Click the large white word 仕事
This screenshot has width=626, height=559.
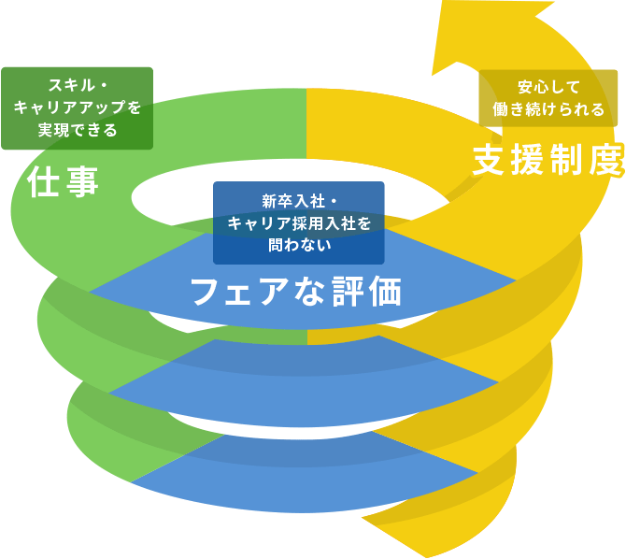tap(64, 181)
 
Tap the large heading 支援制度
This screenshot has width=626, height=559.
tap(548, 160)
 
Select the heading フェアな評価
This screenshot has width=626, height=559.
tap(296, 292)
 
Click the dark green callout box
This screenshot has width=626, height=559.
tap(77, 108)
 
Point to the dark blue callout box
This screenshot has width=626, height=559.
tap(298, 222)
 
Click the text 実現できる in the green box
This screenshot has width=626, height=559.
tap(78, 130)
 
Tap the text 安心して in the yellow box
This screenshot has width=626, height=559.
tap(548, 87)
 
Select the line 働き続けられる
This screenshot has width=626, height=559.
tap(548, 109)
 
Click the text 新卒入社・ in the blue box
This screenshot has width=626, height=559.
tap(298, 201)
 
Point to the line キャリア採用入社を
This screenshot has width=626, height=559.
tap(298, 223)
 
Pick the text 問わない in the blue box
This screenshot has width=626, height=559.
tap(298, 245)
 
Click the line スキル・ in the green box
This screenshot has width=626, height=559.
tap(78, 86)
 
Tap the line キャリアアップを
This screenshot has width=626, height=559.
tap(78, 108)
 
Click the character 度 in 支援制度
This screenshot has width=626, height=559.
tap(606, 160)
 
